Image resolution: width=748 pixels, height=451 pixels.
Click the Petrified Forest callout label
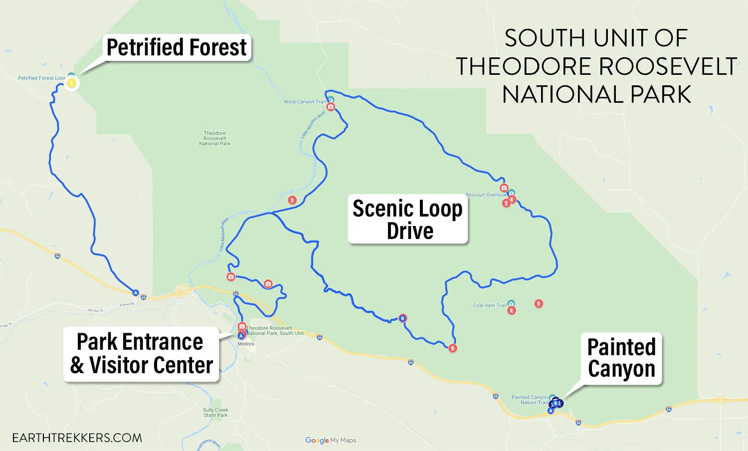pyautogui.click(x=177, y=47)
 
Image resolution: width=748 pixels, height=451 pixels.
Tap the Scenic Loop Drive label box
pyautogui.click(x=408, y=219)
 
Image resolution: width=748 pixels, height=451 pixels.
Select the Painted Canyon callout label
pyautogui.click(x=621, y=358)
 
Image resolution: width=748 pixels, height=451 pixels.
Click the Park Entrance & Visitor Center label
pyautogui.click(x=141, y=354)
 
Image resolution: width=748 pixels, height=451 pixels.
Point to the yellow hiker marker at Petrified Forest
pyautogui.click(x=72, y=83)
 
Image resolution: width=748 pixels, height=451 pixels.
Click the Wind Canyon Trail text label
pyautogui.click(x=304, y=102)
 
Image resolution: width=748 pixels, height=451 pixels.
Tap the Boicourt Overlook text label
pyautogui.click(x=486, y=195)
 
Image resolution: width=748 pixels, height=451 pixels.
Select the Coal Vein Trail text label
pyautogui.click(x=489, y=305)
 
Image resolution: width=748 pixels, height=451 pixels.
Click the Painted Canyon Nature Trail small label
pyautogui.click(x=530, y=400)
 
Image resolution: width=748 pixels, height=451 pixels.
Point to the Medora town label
pyautogui.click(x=246, y=344)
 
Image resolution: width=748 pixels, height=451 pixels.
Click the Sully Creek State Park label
pyautogui.click(x=215, y=413)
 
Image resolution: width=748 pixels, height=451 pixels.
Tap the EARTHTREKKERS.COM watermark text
pyautogui.click(x=77, y=438)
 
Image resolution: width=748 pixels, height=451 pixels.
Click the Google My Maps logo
pyautogui.click(x=331, y=440)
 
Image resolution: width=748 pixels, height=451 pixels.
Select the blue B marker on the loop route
pyautogui.click(x=403, y=318)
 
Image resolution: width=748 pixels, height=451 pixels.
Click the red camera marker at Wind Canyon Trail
pyautogui.click(x=331, y=107)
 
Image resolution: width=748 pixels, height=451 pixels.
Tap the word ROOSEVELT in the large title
pyautogui.click(x=668, y=66)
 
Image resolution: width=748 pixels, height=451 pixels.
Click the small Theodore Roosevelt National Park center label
pyautogui.click(x=215, y=138)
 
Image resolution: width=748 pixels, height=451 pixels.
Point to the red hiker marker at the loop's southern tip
pyautogui.click(x=453, y=348)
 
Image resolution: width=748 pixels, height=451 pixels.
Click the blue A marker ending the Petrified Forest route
pyautogui.click(x=135, y=292)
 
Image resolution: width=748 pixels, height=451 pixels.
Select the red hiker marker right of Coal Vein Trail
pyautogui.click(x=539, y=303)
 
